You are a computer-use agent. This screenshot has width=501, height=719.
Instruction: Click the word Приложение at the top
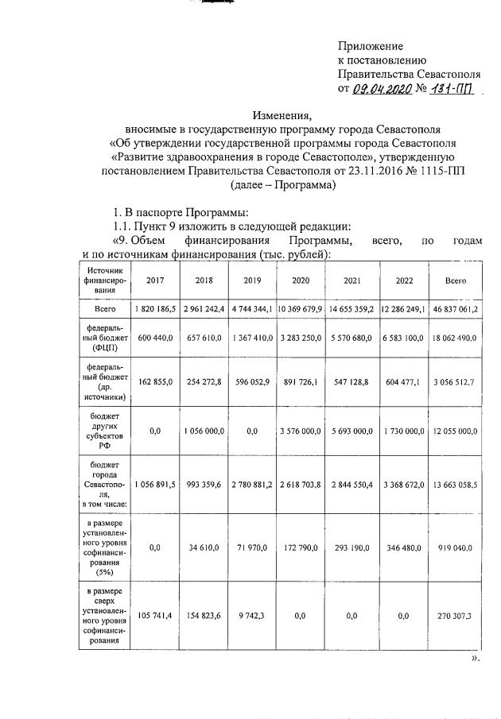pos(371,46)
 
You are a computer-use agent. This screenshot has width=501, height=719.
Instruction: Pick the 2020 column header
pos(301,280)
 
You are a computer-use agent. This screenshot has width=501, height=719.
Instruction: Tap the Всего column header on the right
pos(452,280)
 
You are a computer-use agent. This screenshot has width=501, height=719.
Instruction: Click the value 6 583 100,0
pos(402,338)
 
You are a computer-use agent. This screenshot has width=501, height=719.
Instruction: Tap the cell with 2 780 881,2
pos(252,485)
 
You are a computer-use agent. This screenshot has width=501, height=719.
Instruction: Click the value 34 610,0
pos(204,548)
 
